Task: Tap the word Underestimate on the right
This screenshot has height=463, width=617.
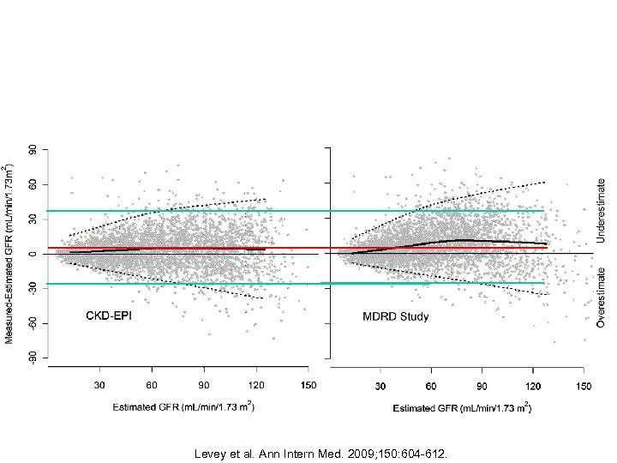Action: [x=602, y=208]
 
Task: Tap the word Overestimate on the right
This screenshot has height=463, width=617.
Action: [x=602, y=296]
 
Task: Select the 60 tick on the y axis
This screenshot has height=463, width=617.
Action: [x=33, y=184]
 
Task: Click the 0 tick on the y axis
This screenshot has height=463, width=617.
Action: [x=33, y=254]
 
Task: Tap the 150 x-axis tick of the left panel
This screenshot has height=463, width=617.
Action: [x=307, y=385]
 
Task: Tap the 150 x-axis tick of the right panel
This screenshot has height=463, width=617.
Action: [x=584, y=386]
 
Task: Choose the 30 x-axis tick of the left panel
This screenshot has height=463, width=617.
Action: [x=100, y=385]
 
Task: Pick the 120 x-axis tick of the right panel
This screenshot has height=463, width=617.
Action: [x=533, y=386]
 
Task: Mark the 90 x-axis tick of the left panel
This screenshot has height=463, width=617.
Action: [x=204, y=385]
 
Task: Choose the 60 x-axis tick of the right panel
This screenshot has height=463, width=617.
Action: [x=433, y=386]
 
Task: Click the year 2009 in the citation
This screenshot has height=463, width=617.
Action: [x=343, y=452]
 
